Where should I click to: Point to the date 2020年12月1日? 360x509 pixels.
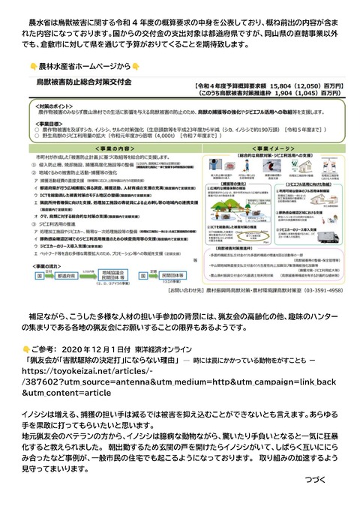click(x=88, y=350)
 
